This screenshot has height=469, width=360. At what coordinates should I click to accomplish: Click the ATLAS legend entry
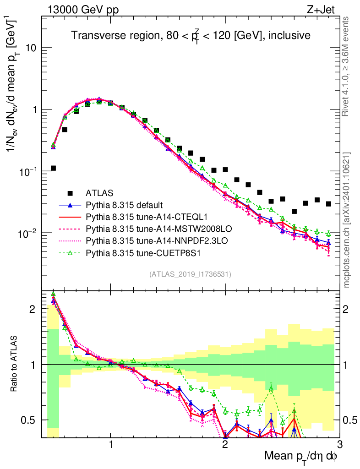click(99, 192)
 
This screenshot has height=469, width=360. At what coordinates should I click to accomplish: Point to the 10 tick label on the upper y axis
click(33, 48)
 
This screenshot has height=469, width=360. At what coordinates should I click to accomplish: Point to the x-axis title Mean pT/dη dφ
click(301, 457)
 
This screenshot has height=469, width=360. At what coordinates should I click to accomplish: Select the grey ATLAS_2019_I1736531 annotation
click(190, 274)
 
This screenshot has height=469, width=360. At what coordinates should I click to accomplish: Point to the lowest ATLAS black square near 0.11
click(53, 168)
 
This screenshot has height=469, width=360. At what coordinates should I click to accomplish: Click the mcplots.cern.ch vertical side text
click(347, 220)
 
